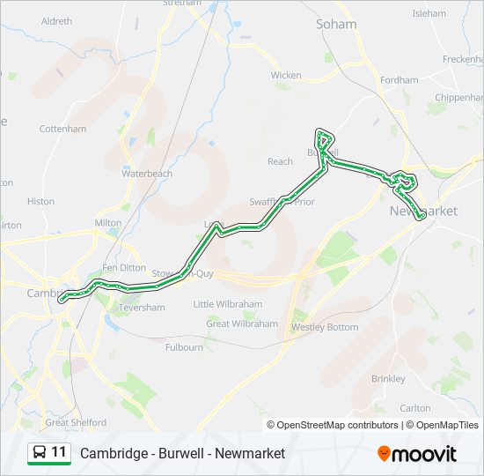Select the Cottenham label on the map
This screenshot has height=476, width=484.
63,129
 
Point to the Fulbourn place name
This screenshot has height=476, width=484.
184,347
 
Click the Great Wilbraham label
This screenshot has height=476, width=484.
242,324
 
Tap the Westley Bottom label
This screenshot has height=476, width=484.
325,327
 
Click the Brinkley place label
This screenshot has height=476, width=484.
388,378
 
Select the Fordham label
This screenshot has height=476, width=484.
400,80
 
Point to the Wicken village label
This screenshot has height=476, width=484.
286,76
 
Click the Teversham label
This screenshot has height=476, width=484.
141,308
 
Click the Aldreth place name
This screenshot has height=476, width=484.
57,20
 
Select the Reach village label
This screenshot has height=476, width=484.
280,161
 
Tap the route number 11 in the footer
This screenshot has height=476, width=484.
59,452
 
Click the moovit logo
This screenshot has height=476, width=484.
417,453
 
